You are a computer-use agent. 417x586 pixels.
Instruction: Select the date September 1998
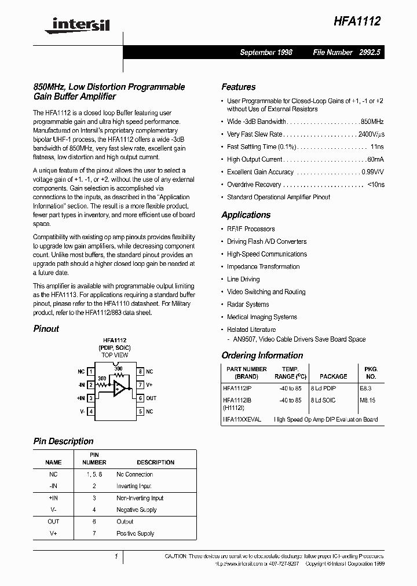[x=266, y=52]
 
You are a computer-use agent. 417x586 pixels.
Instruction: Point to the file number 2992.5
[x=371, y=52]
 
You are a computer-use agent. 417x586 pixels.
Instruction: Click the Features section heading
[x=238, y=87]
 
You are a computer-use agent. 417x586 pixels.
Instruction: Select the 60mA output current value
[x=375, y=159]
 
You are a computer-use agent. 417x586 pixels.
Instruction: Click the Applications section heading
[x=246, y=215]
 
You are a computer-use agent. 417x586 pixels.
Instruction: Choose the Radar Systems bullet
[x=248, y=305]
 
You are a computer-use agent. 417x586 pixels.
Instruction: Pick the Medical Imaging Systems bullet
[x=262, y=317]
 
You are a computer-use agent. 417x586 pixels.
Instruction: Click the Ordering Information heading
[x=262, y=356]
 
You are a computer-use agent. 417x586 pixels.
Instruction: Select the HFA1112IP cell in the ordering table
[x=237, y=389]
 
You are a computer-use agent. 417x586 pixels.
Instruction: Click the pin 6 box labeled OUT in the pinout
[x=140, y=398]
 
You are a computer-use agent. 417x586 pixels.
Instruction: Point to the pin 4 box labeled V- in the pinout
[x=91, y=411]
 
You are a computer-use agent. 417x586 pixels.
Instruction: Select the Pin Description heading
[x=63, y=441]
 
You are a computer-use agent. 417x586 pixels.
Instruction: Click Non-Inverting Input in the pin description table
[x=140, y=498]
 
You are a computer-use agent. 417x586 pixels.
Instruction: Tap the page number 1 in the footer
[x=116, y=556]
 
